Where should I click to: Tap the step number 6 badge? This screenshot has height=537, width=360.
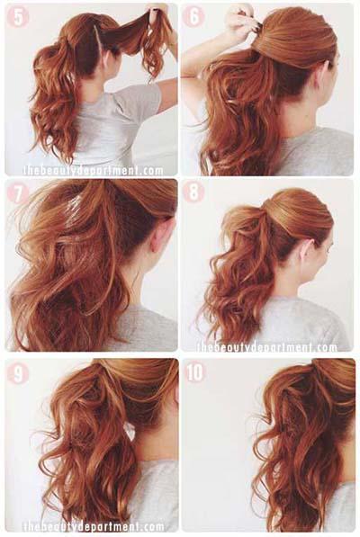193,16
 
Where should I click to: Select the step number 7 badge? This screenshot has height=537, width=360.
17,194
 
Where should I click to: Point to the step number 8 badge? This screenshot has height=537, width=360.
193,191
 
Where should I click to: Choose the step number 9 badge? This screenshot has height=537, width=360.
17,373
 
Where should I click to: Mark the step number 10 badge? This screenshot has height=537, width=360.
195,371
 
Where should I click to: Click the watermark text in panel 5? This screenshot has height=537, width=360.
94,170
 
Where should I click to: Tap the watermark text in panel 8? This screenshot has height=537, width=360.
266,347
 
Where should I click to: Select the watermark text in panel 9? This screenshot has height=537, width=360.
94,526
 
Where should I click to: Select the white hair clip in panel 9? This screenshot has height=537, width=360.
130,432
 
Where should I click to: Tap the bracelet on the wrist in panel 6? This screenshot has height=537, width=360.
189,77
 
